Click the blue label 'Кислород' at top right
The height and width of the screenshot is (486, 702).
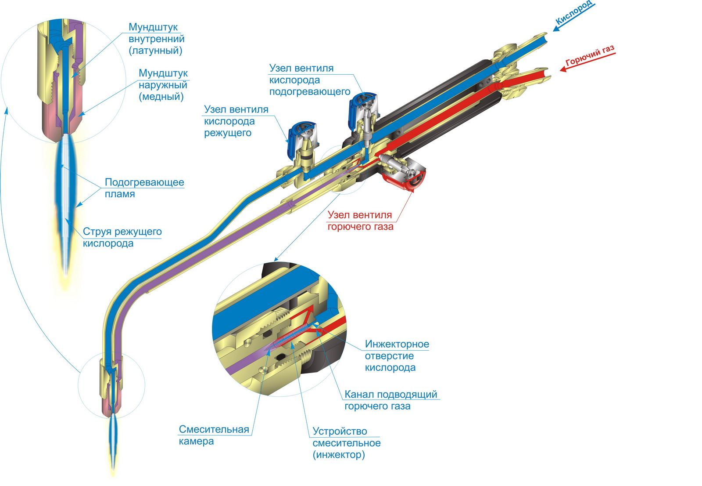pyautogui.click(x=574, y=13)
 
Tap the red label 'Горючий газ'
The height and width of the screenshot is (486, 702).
pyautogui.click(x=590, y=56)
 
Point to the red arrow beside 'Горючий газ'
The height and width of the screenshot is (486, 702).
pyautogui.click(x=588, y=62)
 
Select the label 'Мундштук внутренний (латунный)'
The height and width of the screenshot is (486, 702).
pyautogui.click(x=156, y=39)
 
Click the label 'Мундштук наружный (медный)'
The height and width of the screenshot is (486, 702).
pyautogui.click(x=163, y=85)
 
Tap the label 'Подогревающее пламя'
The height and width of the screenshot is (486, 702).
pyautogui.click(x=144, y=188)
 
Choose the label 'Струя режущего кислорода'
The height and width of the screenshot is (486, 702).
pyautogui.click(x=122, y=237)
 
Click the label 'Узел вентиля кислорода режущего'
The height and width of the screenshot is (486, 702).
pyautogui.click(x=236, y=121)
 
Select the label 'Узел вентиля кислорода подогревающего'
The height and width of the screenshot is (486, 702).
pyautogui.click(x=309, y=80)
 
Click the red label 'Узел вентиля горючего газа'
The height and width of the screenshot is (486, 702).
pyautogui.click(x=360, y=221)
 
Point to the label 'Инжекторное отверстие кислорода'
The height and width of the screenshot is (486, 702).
pyautogui.click(x=397, y=356)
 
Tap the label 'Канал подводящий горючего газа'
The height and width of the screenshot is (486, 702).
pyautogui.click(x=390, y=400)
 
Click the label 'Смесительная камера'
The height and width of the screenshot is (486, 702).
pyautogui.click(x=214, y=435)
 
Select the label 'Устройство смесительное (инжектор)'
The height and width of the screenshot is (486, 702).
pyautogui.click(x=346, y=443)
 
